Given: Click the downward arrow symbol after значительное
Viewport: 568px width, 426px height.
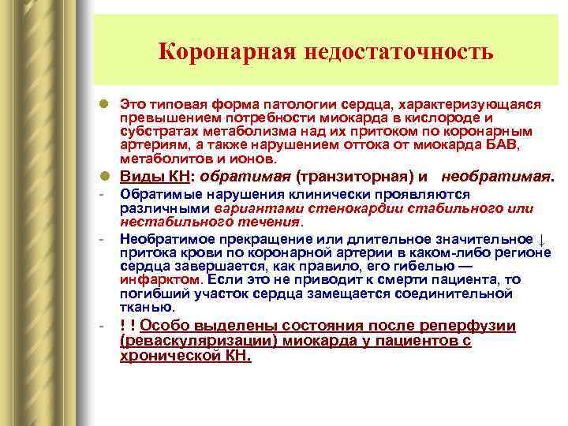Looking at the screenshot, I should tap(539, 239).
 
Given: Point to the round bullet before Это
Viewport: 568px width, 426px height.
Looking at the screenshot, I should tap(104, 104).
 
